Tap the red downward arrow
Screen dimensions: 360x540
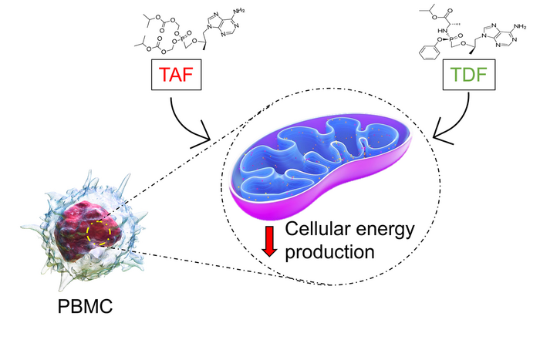tap(269, 240)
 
